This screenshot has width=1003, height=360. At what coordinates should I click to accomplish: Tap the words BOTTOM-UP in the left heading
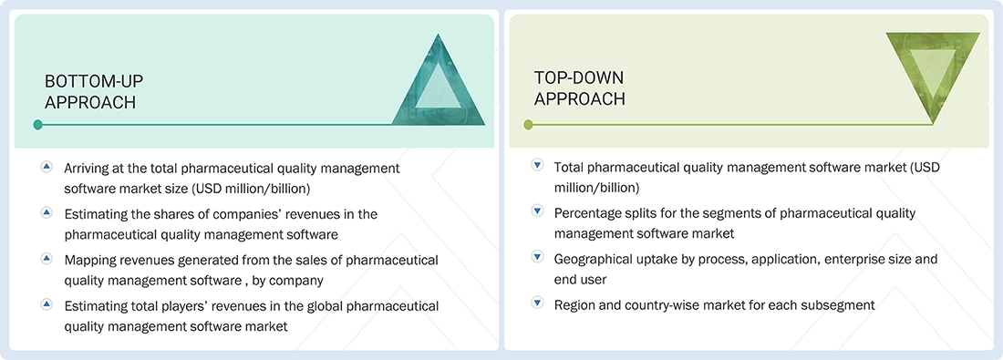click(x=94, y=81)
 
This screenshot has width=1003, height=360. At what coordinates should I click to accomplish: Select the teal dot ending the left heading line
click(x=37, y=125)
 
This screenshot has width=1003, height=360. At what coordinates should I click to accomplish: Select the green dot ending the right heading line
click(x=528, y=125)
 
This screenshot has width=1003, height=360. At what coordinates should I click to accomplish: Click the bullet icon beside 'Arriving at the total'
click(x=47, y=167)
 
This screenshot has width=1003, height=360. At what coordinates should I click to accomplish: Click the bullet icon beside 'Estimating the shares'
click(x=47, y=212)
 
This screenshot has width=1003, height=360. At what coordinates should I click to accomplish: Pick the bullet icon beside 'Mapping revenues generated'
click(x=47, y=258)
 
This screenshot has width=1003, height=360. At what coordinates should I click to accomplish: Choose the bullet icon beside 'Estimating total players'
click(x=47, y=303)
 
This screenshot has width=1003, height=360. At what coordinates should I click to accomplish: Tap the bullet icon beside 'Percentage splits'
click(x=537, y=211)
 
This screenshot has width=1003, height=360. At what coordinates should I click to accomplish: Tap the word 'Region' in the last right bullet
click(x=575, y=304)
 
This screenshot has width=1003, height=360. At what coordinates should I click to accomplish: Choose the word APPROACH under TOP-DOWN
click(x=580, y=99)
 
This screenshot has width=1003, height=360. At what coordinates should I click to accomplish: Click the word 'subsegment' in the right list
click(x=839, y=304)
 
